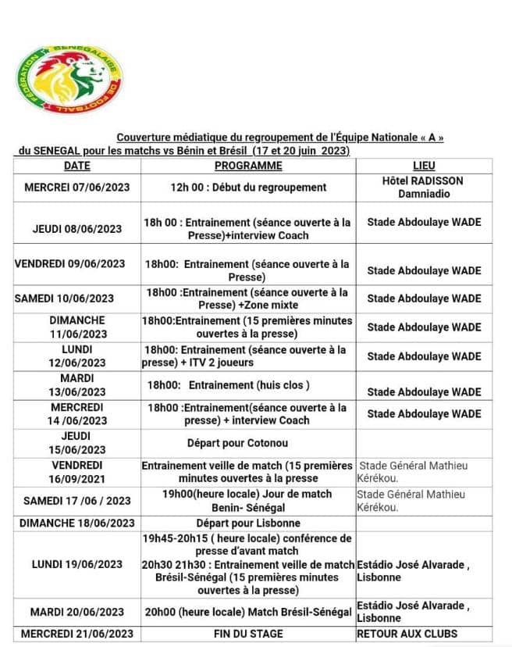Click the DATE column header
pyautogui.click(x=76, y=166)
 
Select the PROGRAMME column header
pyautogui.click(x=248, y=166)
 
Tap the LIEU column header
pyautogui.click(x=424, y=166)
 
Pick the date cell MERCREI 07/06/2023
pyautogui.click(x=76, y=188)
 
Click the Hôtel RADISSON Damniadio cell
pyautogui.click(x=424, y=187)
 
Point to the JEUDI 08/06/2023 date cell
pyautogui.click(x=76, y=229)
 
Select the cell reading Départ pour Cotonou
pyautogui.click(x=248, y=443)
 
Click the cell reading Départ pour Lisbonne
pyautogui.click(x=248, y=523)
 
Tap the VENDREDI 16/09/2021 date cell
pyautogui.click(x=76, y=471)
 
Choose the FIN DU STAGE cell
pyautogui.click(x=248, y=633)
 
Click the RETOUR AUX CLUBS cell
pyautogui.click(x=407, y=633)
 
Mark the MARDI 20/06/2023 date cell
pyautogui.click(x=76, y=612)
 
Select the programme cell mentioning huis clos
pyautogui.click(x=248, y=385)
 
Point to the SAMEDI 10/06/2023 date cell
pyautogui.click(x=76, y=298)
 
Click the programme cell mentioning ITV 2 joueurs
pyautogui.click(x=248, y=356)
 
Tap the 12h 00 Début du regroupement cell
pyautogui.click(x=248, y=188)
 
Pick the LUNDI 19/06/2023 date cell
pyautogui.click(x=76, y=564)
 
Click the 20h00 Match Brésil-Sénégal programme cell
pyautogui.click(x=248, y=612)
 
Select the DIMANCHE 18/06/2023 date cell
pyautogui.click(x=76, y=523)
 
